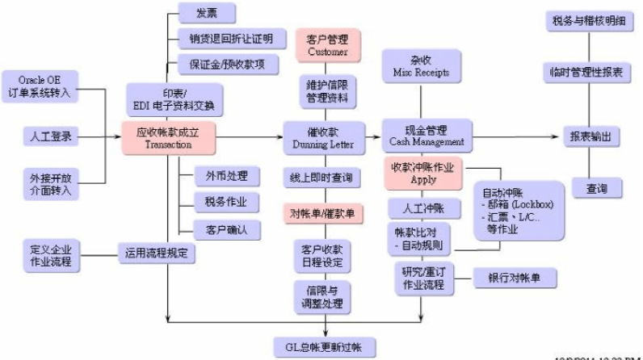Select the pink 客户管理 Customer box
[x=326, y=44]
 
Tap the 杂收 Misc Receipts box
[x=420, y=66]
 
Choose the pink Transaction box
[x=169, y=137]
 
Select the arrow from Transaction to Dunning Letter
[x=250, y=136]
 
